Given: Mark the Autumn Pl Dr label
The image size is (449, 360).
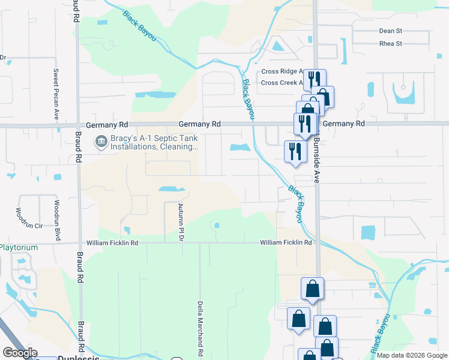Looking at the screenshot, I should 181,222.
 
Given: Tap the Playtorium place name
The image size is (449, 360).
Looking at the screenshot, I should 19,247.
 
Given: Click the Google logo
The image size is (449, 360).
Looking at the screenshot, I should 20,352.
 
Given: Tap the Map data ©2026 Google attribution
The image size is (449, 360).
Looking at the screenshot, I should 411,355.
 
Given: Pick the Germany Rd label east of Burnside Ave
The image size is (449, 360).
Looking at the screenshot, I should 348,124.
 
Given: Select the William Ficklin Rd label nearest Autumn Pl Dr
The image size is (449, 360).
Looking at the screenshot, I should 112,243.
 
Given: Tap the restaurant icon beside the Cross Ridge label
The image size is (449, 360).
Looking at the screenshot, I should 314,79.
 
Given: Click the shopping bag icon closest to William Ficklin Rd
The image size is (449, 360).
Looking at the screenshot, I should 313,289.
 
